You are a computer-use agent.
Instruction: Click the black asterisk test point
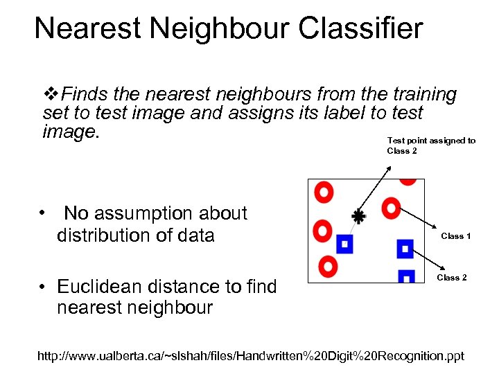coord(358,216)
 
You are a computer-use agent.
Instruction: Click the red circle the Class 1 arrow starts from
coord(392,206)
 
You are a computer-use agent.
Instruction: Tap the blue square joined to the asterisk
coord(344,243)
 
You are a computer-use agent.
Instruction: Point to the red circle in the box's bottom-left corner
coord(328,265)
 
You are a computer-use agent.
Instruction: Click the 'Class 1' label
coord(456,236)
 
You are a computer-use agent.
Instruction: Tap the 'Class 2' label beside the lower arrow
coord(451,278)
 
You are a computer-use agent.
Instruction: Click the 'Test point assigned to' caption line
coord(431,141)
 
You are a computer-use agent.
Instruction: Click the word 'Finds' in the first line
coord(82,94)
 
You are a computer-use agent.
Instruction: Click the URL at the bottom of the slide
coord(251,357)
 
